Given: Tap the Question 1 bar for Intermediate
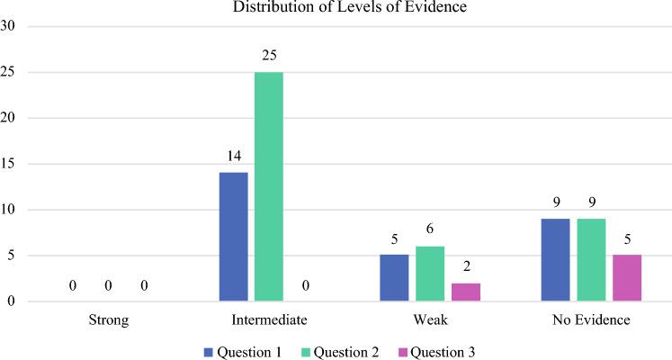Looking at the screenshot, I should coord(233,237).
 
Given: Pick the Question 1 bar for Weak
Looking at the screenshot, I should coord(395,278).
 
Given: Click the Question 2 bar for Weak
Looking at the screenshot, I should coord(430,274).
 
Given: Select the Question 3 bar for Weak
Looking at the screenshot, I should coord(465,292).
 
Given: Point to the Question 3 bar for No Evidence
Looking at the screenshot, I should coord(626,278).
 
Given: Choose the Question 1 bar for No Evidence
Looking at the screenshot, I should coord(555,259).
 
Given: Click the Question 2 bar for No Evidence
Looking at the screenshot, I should coord(591,259).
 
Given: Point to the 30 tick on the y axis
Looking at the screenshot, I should coord(9,26).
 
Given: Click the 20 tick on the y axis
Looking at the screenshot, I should coord(9,118).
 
